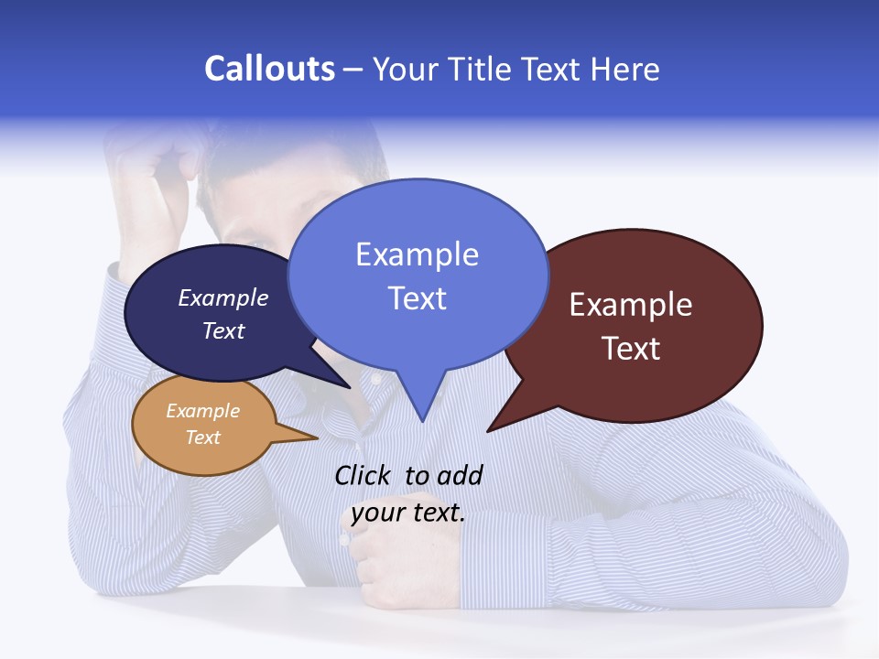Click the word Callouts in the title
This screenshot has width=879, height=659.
point(269,69)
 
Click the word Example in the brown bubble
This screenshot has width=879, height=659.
point(631,305)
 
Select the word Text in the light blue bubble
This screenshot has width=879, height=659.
point(417,298)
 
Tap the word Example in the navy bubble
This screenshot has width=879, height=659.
point(222,297)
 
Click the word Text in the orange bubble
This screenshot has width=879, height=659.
point(203,438)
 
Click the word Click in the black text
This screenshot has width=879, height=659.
point(364,475)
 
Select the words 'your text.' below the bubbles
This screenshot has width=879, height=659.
point(408,512)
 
